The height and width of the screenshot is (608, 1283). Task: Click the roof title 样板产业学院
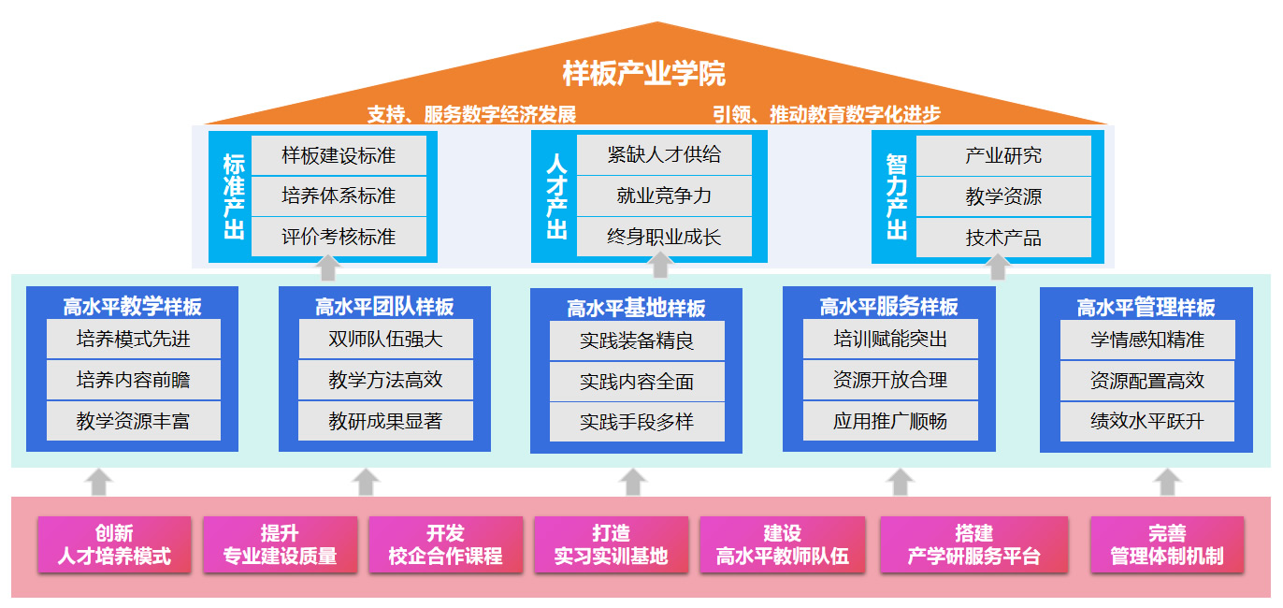click(643, 73)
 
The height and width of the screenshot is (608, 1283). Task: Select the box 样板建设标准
click(339, 155)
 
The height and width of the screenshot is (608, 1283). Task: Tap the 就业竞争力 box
click(664, 195)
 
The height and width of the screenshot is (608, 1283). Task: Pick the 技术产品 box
click(1003, 238)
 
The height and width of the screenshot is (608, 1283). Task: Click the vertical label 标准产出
click(234, 196)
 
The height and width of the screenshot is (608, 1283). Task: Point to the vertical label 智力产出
click(897, 196)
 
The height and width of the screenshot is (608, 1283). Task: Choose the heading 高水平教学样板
click(133, 306)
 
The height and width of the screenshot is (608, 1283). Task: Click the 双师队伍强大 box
click(385, 339)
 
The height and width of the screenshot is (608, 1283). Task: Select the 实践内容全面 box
click(637, 382)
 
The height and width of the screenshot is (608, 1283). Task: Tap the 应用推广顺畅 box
click(890, 421)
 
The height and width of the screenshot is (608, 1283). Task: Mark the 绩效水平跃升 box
click(1147, 421)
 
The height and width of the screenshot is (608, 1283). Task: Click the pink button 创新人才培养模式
click(114, 544)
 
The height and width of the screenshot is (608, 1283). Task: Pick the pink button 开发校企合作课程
click(445, 544)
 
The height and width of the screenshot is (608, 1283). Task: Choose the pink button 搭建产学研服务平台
click(973, 544)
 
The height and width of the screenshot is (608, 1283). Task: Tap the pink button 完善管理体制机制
click(1166, 544)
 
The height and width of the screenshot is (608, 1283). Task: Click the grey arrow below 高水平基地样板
click(634, 481)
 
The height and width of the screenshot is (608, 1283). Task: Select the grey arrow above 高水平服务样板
click(999, 267)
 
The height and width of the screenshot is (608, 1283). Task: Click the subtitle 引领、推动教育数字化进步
click(826, 115)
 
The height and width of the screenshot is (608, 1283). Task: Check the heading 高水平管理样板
click(1146, 307)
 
